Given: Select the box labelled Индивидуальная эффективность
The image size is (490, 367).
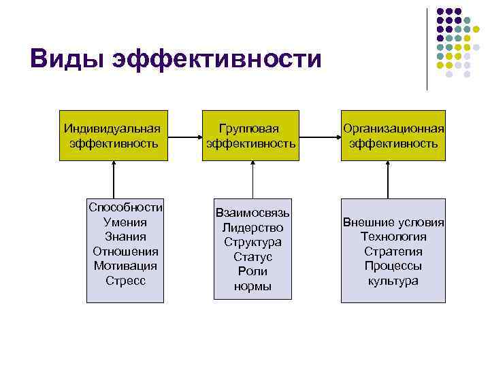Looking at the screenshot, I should pyautogui.click(x=113, y=135).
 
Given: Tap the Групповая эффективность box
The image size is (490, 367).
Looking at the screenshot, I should pyautogui.click(x=252, y=135).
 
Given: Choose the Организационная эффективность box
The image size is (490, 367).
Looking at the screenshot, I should pyautogui.click(x=393, y=135).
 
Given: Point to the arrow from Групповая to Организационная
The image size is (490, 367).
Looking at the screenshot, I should pyautogui.click(x=319, y=136).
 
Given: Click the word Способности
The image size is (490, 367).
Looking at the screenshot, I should pyautogui.click(x=126, y=207).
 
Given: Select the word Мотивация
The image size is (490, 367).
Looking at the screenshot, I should pyautogui.click(x=126, y=266).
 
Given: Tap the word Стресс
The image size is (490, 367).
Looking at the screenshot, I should pyautogui.click(x=126, y=280).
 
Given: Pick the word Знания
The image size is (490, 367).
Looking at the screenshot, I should pyautogui.click(x=126, y=237).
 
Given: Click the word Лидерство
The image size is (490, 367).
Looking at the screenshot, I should pyautogui.click(x=252, y=228).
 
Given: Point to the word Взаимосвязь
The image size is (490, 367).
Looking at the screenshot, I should pyautogui.click(x=252, y=213).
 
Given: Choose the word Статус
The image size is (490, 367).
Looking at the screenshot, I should pyautogui.click(x=252, y=257).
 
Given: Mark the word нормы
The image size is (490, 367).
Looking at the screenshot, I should pyautogui.click(x=252, y=286).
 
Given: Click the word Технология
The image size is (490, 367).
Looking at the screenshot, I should pyautogui.click(x=393, y=237).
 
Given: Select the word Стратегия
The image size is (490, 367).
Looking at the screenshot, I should pyautogui.click(x=393, y=251).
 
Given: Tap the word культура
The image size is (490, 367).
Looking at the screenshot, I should pyautogui.click(x=393, y=281).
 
